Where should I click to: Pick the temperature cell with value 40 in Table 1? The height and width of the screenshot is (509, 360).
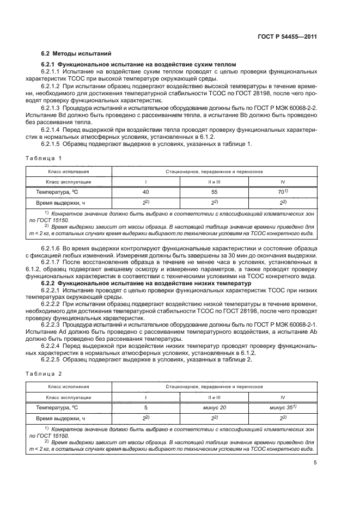tap(145, 193)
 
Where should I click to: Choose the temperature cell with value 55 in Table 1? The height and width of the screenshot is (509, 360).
tap(213, 193)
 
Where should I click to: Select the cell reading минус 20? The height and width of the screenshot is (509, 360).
tap(213, 408)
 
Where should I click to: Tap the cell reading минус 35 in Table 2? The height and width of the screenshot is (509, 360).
tap(282, 408)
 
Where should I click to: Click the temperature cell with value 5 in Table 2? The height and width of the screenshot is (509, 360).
tap(145, 408)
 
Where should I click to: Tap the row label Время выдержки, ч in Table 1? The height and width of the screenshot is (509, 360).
tap(60, 203)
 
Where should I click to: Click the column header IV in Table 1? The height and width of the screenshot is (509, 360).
tap(282, 182)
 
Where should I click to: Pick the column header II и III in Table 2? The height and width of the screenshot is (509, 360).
tap(213, 397)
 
